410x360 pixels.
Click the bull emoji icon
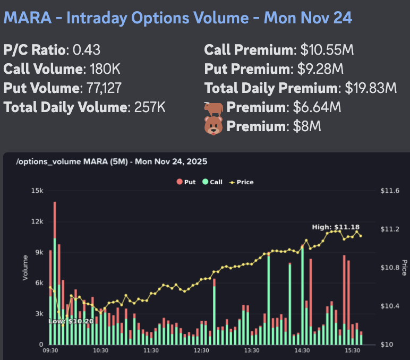213,107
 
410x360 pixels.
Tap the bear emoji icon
213,126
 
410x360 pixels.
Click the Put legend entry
185,182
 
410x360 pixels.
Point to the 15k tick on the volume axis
38,191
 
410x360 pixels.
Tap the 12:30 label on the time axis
201,350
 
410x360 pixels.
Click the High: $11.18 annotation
336,227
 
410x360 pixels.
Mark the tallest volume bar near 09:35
54,273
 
